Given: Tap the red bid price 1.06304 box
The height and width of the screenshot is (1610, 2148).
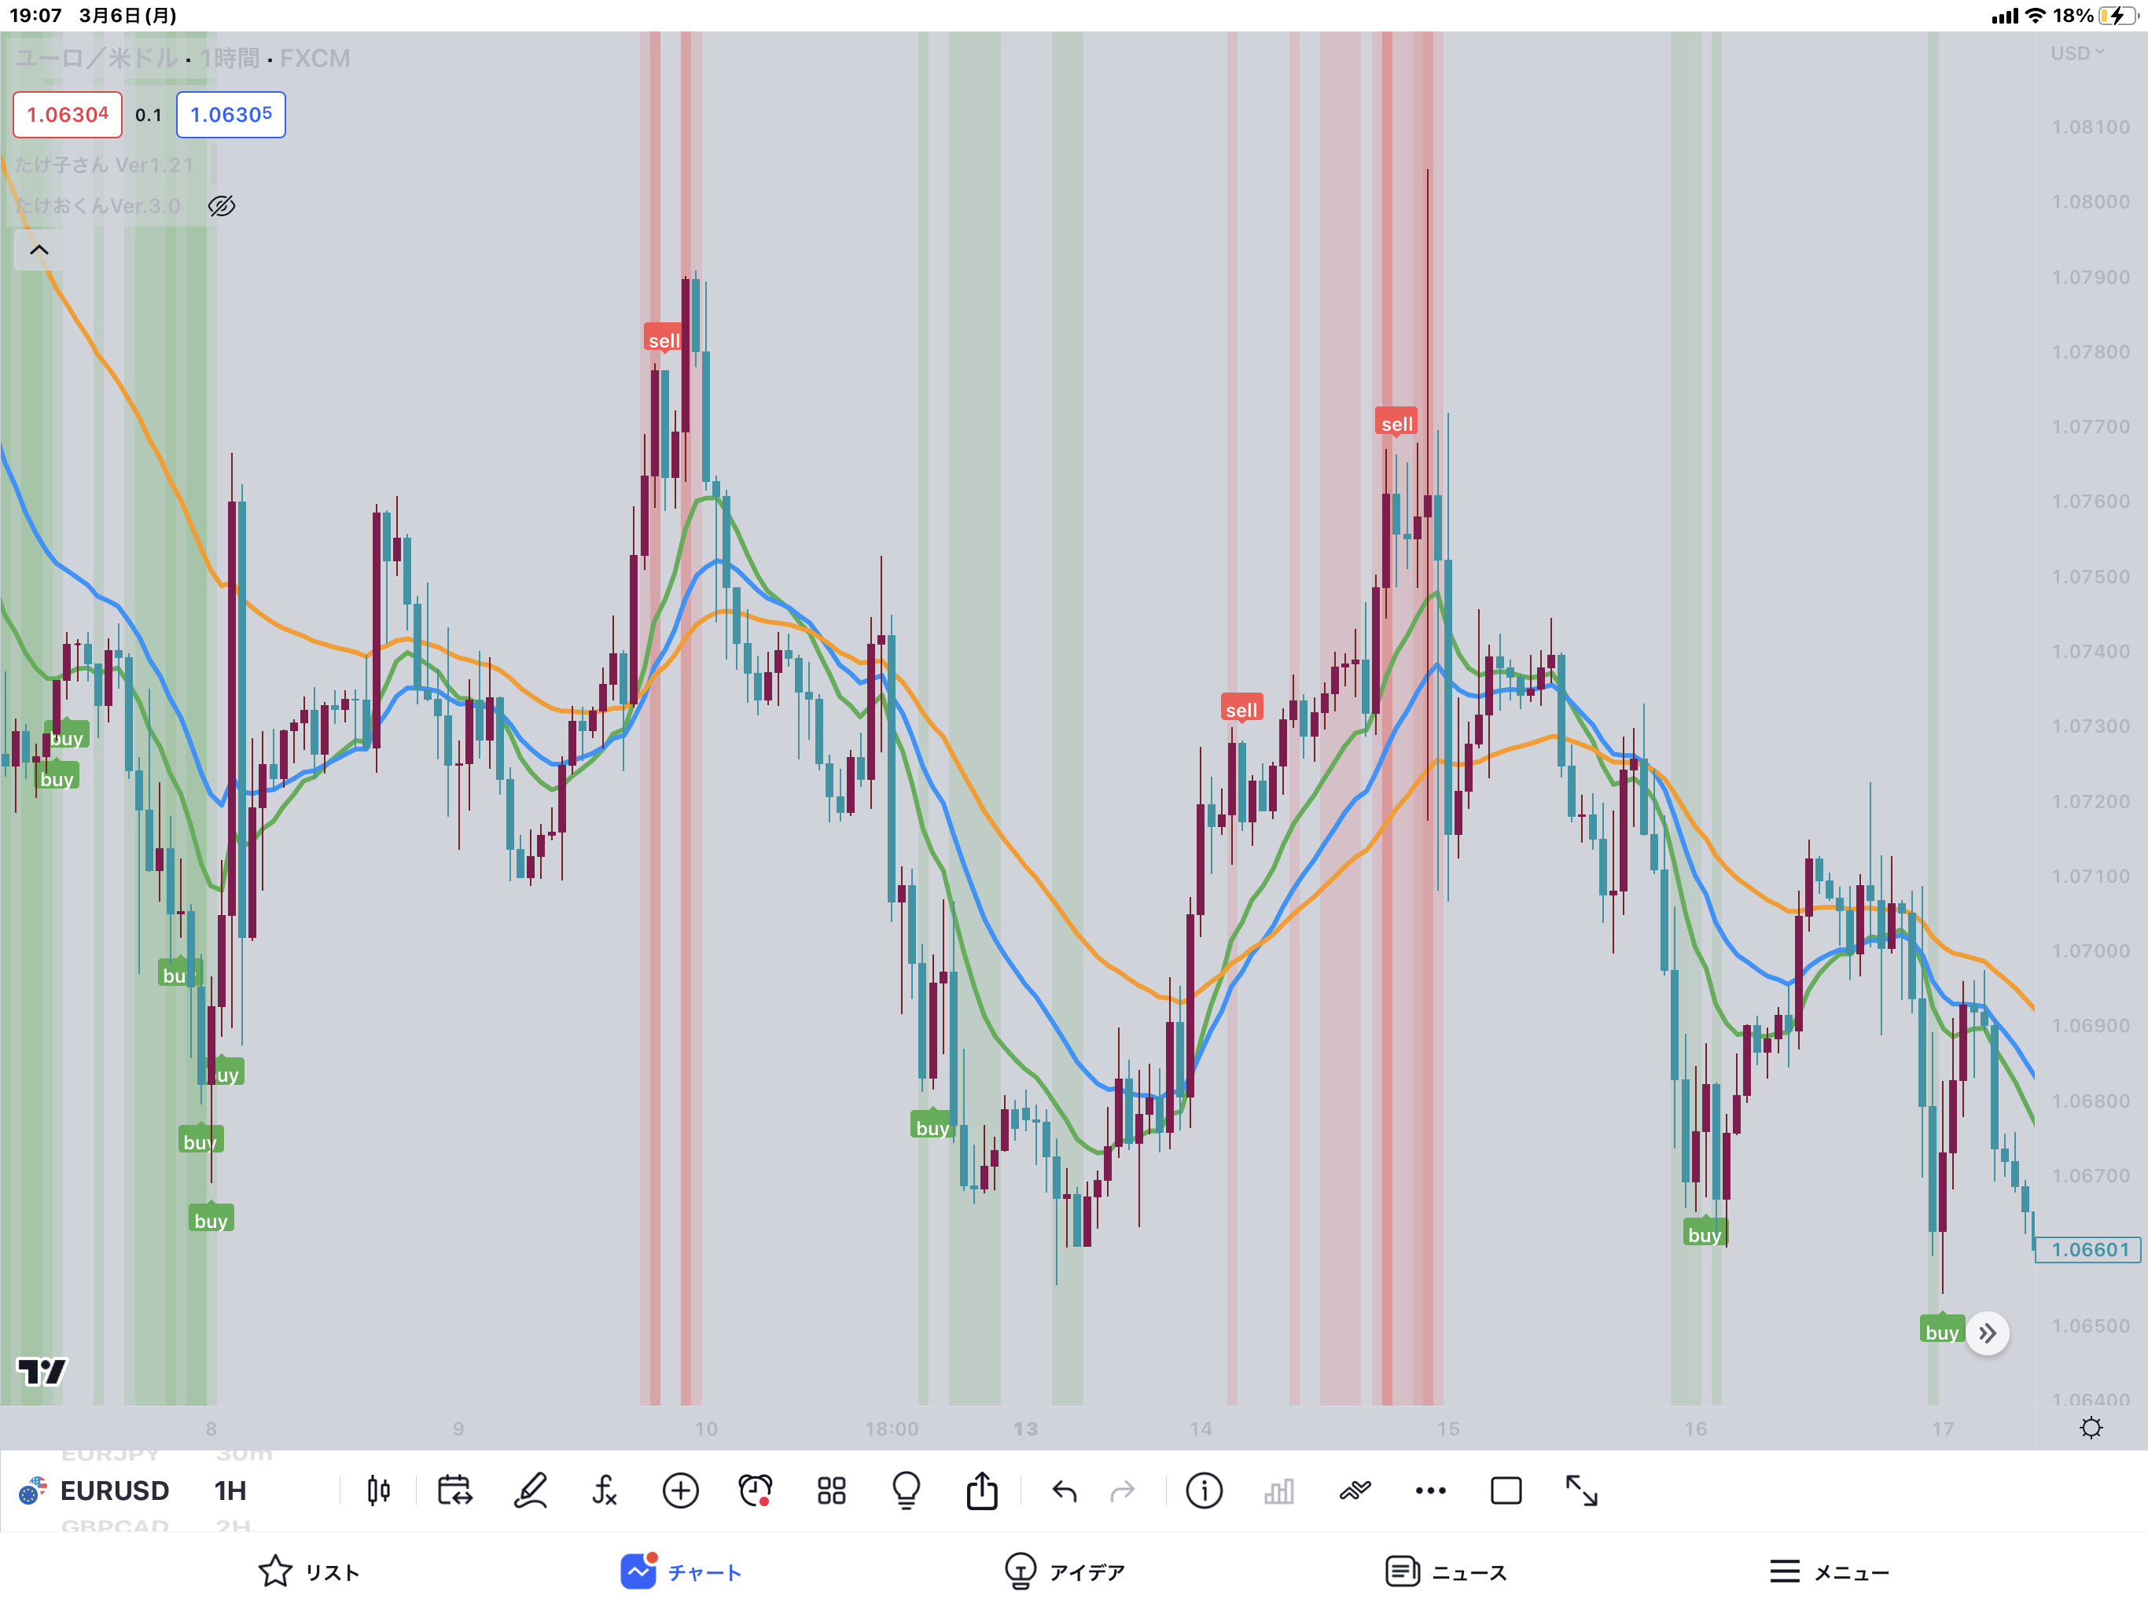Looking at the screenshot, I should [67, 115].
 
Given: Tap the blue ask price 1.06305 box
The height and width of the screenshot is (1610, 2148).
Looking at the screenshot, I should [230, 115].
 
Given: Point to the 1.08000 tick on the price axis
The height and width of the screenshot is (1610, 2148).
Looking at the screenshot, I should [2090, 202].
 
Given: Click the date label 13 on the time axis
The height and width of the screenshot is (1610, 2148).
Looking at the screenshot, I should [1025, 1428].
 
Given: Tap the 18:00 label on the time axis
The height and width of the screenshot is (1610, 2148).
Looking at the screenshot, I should [891, 1428].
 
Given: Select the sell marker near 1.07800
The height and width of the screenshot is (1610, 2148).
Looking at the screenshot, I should [664, 340].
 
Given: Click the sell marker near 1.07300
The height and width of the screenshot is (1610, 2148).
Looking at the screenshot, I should [1241, 709].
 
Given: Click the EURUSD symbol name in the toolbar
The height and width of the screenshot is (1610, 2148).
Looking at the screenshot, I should [115, 1491].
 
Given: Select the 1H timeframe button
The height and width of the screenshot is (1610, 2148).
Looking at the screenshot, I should [230, 1491].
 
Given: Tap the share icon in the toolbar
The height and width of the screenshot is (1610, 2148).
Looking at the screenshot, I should [982, 1491].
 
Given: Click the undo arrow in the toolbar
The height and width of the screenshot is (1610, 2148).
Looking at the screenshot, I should [1065, 1491].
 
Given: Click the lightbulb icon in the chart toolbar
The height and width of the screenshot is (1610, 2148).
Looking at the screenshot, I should [906, 1491].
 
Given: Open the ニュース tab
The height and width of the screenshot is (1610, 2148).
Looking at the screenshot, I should [1446, 1571].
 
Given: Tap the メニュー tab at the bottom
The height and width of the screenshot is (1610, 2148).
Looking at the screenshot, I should [1829, 1571].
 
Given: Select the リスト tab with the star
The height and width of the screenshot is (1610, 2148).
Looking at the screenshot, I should [309, 1571].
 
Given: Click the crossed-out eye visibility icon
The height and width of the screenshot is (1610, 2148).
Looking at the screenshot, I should [222, 206].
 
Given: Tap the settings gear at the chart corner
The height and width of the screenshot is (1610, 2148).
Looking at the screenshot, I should [2091, 1428].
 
